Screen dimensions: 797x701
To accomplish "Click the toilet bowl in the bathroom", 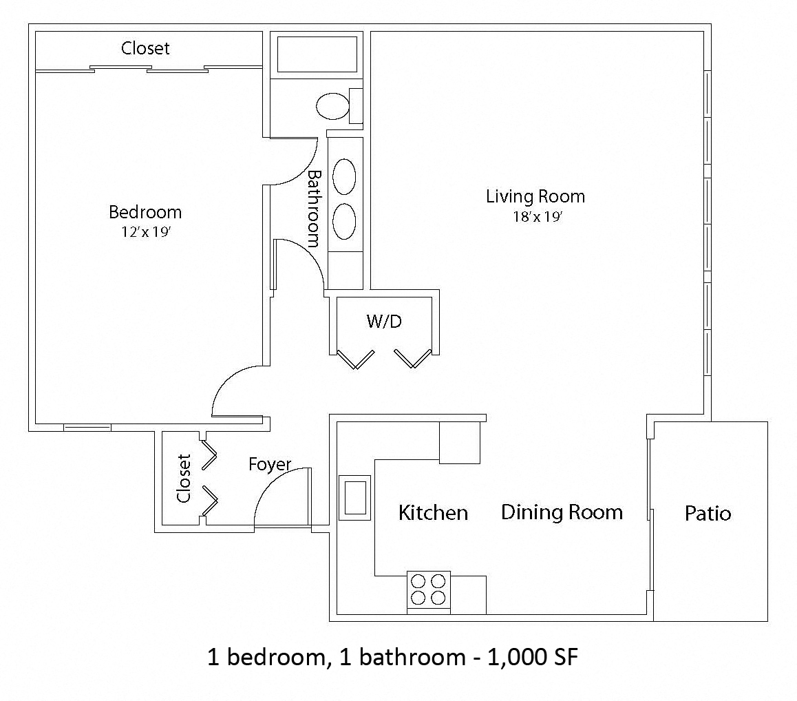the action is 333,106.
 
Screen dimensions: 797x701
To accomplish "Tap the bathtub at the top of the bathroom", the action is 317,54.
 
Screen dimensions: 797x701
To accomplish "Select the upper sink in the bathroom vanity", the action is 344,176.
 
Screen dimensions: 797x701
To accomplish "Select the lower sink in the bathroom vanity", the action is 344,221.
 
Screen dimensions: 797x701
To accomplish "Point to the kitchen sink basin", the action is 355,498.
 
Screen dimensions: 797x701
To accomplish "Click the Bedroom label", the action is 145,212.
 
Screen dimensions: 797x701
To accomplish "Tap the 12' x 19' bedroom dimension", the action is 146,232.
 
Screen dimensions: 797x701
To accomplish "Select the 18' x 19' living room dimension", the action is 538,217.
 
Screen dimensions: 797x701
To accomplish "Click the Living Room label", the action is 535,196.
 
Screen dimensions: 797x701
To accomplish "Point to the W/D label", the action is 384,321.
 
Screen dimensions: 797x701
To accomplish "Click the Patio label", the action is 708,513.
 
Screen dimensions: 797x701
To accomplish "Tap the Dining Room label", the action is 562,512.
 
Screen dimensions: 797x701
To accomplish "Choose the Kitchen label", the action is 433,513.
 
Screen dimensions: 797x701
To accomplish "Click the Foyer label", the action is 270,464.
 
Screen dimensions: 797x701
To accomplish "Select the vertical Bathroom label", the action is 315,209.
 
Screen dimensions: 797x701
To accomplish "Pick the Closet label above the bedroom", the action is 145,48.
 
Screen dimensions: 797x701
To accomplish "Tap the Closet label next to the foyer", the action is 184,478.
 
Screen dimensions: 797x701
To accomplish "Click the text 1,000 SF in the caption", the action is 533,657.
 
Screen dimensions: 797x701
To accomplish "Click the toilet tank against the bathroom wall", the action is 356,106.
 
